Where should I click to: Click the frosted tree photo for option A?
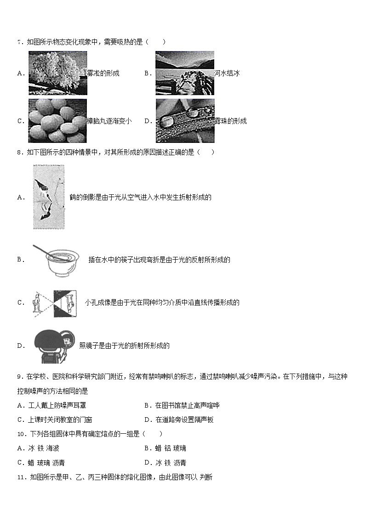coord(57,73)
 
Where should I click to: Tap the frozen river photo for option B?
coord(185,73)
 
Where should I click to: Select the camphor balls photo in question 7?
coord(57,121)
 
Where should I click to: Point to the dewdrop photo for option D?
coord(185,121)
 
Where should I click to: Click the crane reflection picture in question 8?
coord(49,197)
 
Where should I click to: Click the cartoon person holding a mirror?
coord(54,346)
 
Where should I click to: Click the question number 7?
coord(19,42)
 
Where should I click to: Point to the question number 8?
coord(19,153)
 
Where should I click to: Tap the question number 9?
coord(19,377)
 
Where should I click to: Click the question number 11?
coord(21,477)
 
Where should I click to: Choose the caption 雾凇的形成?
coord(103,73)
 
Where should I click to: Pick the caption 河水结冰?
coord(227,73)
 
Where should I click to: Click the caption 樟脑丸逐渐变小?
coord(109,121)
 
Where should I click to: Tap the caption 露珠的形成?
coord(230,121)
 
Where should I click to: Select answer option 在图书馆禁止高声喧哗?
coord(187,406)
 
